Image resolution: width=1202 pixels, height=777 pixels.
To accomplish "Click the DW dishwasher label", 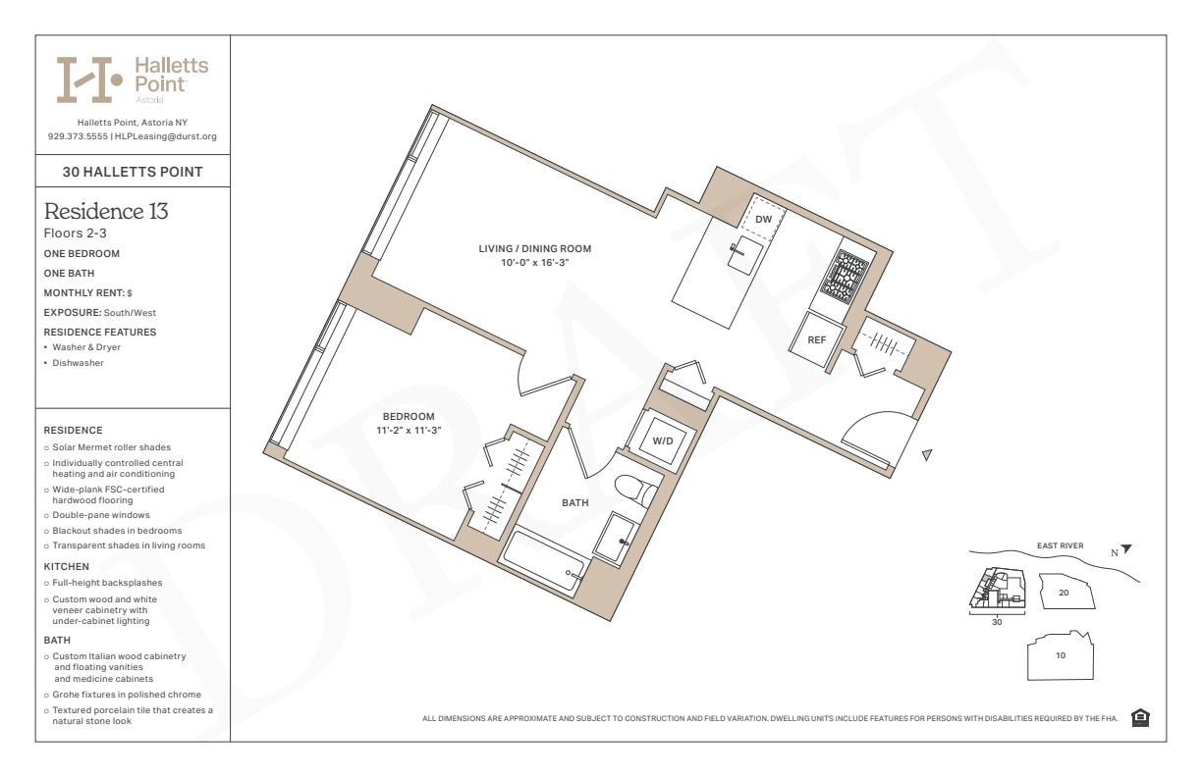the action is point(763,220).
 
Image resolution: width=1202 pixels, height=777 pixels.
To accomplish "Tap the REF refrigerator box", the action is point(817,340).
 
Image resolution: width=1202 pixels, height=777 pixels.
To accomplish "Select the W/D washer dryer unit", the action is point(662,440).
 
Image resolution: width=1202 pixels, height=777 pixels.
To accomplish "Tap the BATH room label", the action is point(575,503).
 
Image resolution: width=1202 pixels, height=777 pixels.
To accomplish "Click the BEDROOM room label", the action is point(409,417).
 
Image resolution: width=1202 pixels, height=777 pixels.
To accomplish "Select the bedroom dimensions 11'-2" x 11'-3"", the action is point(409,430).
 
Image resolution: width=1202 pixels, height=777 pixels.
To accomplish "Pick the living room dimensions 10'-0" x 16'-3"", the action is point(534,263).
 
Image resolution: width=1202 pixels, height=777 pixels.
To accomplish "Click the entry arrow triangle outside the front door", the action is point(927,455).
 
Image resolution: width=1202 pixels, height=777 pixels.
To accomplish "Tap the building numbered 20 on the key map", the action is point(1066,592).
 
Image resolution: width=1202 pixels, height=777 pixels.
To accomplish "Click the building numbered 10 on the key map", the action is point(1061,655).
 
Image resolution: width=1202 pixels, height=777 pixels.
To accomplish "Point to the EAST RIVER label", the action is point(1060,545).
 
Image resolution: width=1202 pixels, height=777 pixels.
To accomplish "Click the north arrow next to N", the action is point(1126,548).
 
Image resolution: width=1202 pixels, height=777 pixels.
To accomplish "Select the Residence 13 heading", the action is point(106,211).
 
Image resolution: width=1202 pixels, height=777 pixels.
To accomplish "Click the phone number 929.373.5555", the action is point(78,136).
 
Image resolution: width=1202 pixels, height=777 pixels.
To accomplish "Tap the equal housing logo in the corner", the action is point(1140,717).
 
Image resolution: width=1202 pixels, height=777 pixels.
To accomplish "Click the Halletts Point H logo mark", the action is point(89,79).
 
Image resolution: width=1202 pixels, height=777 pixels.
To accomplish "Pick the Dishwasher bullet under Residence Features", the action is point(78,363).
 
